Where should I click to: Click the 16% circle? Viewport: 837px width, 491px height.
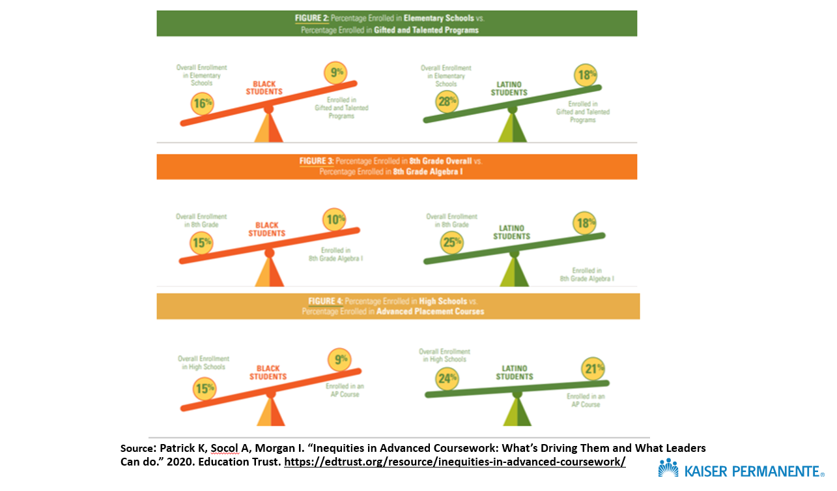202,103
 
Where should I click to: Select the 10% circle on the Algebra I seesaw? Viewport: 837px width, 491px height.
335,220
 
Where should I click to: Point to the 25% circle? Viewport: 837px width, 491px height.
451,243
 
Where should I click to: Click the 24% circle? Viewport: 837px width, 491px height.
448,378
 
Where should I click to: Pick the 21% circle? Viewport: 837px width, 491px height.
593,369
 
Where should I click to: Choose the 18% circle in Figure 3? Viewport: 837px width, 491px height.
584,223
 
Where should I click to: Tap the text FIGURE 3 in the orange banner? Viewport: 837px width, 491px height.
317,160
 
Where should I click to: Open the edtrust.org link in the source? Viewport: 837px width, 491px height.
455,462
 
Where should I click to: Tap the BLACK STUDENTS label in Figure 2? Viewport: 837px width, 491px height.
264,88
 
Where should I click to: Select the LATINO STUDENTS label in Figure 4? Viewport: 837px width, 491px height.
515,373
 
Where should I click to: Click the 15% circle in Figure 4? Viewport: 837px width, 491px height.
205,389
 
